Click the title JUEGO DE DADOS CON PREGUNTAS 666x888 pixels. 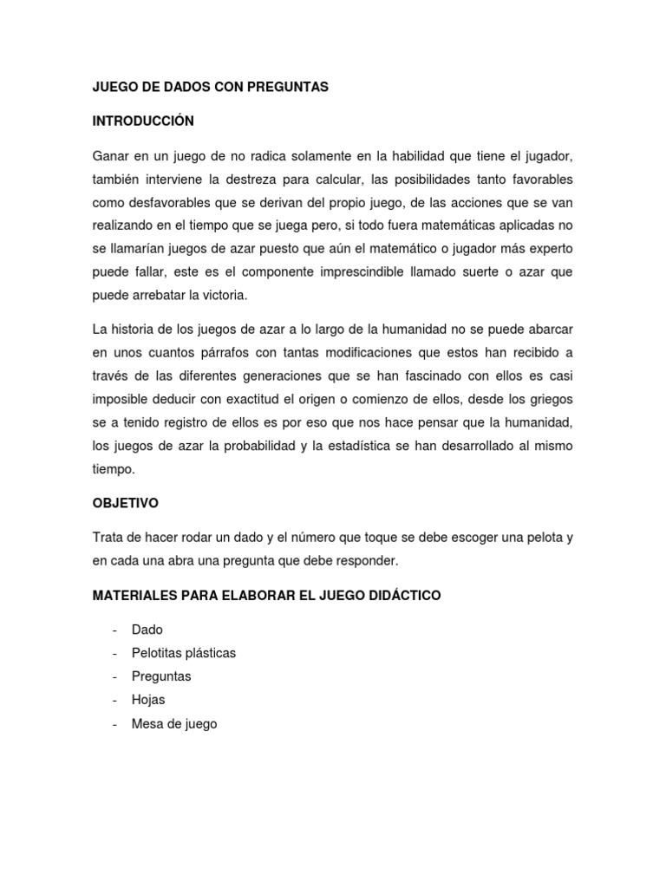(211, 88)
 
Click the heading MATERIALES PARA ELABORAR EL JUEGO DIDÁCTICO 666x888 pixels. (267, 596)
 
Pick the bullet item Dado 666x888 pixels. (147, 630)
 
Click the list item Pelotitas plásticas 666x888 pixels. (184, 653)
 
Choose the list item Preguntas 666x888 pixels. (161, 676)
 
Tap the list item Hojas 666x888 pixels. (148, 700)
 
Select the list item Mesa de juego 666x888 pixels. (174, 723)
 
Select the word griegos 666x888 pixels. (550, 400)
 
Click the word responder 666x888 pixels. (368, 561)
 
